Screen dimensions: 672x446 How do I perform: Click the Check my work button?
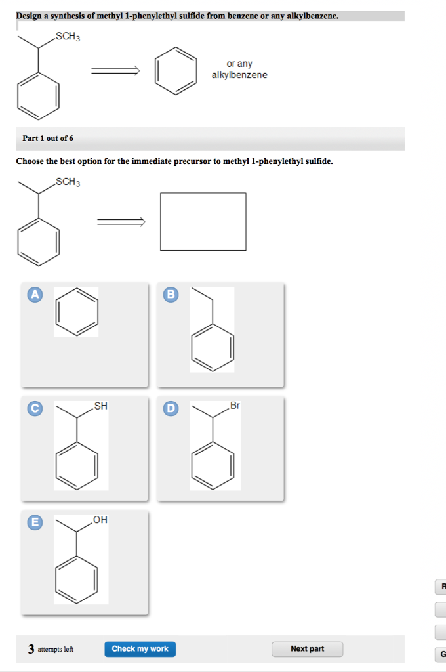(140, 649)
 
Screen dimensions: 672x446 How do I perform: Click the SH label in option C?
(101, 406)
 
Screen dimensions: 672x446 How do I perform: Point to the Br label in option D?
(235, 406)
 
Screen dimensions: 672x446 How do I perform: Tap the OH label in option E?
(100, 520)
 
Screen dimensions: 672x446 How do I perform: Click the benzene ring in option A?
(77, 312)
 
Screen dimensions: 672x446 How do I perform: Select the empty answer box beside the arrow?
(203, 221)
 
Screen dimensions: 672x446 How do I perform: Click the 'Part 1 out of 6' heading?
(48, 138)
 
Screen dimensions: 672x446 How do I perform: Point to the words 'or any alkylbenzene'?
(239, 70)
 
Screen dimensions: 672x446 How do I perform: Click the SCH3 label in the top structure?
(68, 37)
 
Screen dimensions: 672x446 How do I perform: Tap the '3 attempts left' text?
(51, 649)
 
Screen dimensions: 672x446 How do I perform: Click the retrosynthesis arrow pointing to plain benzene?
(115, 71)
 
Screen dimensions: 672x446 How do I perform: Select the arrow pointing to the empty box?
(121, 222)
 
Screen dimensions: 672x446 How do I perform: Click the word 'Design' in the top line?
(28, 15)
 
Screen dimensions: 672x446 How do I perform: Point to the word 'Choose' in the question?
(30, 161)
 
